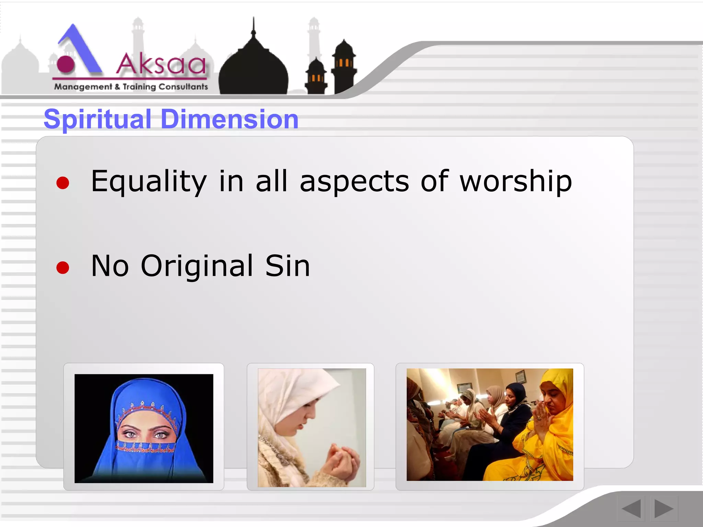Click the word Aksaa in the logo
(x=161, y=64)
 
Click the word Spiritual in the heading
(x=97, y=119)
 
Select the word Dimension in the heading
(x=229, y=119)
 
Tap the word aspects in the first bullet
(x=354, y=182)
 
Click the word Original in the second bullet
(x=197, y=266)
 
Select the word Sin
(x=287, y=266)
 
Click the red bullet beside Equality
(x=63, y=183)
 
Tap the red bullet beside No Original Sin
(x=63, y=268)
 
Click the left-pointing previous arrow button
(x=631, y=508)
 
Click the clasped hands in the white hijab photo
(x=342, y=461)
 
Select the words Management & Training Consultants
(x=131, y=87)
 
